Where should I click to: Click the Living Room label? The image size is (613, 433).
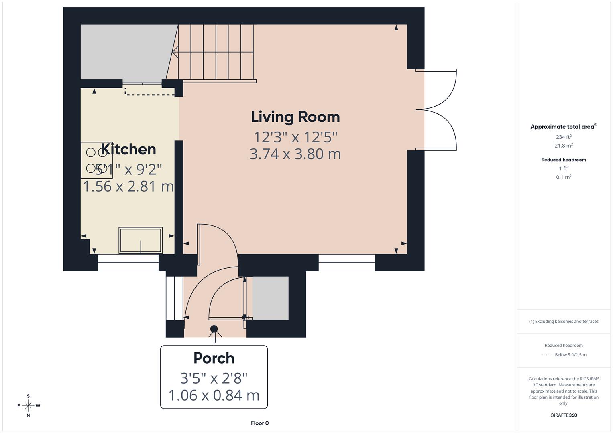click(x=295, y=117)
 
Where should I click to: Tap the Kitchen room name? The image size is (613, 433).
click(x=128, y=149)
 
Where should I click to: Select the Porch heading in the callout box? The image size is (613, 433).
click(x=214, y=358)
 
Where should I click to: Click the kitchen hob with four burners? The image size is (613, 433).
click(x=97, y=160)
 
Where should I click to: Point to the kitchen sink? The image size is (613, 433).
click(x=141, y=240)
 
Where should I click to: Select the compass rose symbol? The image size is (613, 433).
click(x=28, y=406)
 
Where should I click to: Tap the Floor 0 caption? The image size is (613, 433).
click(x=260, y=423)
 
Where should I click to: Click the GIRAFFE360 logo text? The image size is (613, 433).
click(x=564, y=415)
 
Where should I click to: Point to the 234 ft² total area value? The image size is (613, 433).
click(x=564, y=137)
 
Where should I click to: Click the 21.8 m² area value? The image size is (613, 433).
click(x=564, y=146)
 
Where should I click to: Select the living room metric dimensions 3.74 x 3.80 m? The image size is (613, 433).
click(x=295, y=154)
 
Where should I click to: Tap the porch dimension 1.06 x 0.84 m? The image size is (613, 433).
click(x=214, y=395)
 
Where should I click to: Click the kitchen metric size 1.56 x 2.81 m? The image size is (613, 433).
click(x=128, y=186)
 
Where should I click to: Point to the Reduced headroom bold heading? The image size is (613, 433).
click(x=564, y=160)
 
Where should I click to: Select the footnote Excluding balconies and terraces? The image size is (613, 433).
click(x=564, y=321)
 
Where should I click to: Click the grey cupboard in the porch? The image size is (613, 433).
click(x=270, y=298)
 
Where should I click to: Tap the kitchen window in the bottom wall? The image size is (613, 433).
click(x=128, y=262)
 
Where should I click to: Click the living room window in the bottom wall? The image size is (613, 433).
click(x=347, y=262)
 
